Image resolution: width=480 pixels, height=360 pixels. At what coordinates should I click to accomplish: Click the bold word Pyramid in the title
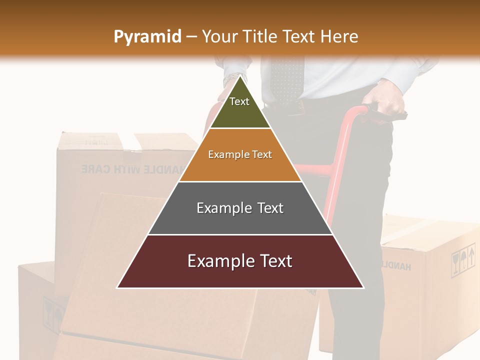[147, 37]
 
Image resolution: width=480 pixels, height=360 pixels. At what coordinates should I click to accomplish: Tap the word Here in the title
[339, 37]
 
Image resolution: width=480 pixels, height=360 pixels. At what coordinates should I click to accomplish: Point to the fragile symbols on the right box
[463, 260]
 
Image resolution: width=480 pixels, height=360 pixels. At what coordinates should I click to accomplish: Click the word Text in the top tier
[239, 101]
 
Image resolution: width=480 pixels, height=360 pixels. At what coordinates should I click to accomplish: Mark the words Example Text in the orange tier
[240, 154]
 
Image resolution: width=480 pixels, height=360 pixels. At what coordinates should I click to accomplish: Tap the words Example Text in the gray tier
[240, 208]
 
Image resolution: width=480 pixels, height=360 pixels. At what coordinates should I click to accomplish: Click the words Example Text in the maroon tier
[240, 261]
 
